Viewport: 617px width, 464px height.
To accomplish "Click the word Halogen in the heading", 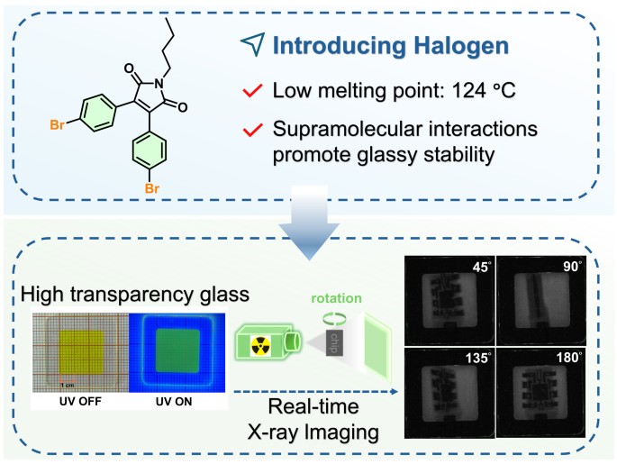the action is tap(454, 47).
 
